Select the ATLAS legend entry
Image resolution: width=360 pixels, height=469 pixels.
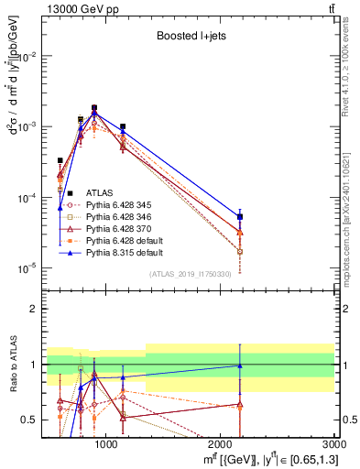point(100,192)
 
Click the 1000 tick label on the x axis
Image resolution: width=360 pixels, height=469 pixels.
point(106,446)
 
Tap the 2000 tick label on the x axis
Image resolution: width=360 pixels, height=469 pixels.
point(221,446)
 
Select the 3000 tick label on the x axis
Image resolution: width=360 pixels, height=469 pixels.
point(334,446)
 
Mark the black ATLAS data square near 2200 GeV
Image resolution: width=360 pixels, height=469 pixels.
point(240,217)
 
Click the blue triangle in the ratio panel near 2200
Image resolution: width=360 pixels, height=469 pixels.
point(240,365)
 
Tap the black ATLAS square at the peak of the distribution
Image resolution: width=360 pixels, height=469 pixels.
point(94,107)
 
